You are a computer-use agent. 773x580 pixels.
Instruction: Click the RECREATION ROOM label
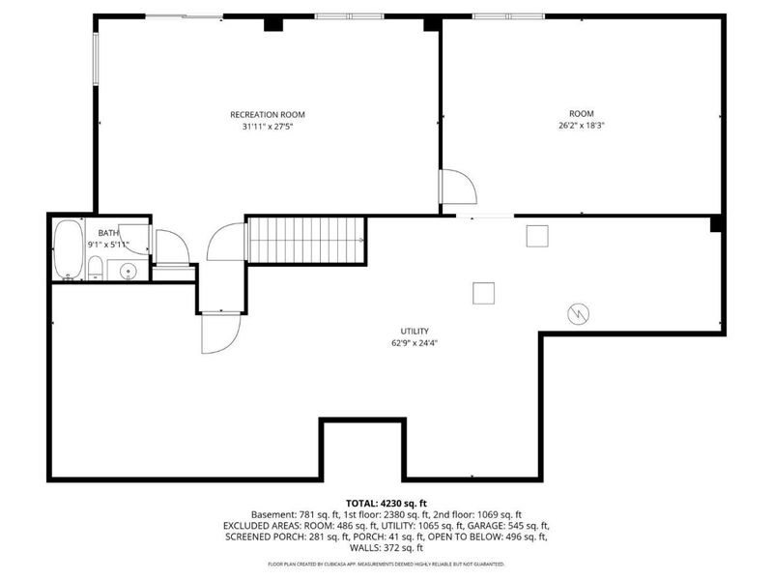pos(268,115)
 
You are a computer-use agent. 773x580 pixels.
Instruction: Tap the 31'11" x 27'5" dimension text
pos(268,127)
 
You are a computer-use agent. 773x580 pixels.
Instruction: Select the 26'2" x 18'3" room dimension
pos(582,126)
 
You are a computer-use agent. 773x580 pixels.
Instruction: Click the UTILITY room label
pos(415,332)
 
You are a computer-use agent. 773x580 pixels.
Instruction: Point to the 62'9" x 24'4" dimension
pos(415,343)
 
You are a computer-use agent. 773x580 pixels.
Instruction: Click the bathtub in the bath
pos(68,249)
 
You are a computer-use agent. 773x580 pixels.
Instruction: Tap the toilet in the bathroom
pos(95,269)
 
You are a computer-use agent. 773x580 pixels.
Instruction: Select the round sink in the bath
pos(129,271)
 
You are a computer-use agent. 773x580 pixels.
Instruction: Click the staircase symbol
pos(305,240)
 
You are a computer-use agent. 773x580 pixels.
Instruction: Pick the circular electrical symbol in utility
pos(578,313)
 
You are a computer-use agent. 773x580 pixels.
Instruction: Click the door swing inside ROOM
pos(458,187)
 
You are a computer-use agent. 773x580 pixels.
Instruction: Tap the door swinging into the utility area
pos(220,333)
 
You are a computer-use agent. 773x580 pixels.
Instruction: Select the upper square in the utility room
pos(537,236)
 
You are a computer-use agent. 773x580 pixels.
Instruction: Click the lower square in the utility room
pos(484,294)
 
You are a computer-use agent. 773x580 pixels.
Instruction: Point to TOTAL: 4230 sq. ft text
pos(386,504)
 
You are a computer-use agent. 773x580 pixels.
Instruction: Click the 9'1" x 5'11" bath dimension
pos(108,245)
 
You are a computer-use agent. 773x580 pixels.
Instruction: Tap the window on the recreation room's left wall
pos(96,59)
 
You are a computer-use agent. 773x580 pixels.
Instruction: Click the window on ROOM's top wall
pos(509,16)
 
